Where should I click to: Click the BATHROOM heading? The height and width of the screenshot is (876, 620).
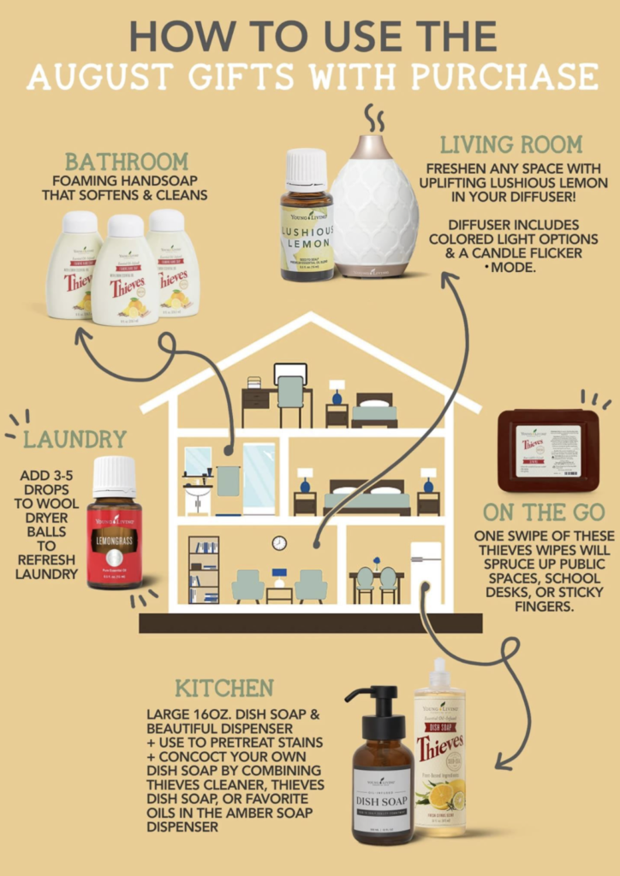(x=126, y=161)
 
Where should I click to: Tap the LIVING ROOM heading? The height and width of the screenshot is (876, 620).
(x=511, y=143)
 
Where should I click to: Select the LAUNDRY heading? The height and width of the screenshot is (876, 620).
(x=75, y=440)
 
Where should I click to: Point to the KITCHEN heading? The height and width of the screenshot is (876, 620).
(x=224, y=688)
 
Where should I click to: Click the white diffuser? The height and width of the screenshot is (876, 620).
(x=374, y=207)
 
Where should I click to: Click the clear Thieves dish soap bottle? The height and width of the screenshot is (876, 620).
(x=439, y=752)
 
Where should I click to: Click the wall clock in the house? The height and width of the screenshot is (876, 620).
(x=279, y=542)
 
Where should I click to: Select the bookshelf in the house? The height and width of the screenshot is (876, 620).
(x=204, y=570)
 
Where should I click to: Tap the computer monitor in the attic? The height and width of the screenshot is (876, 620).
(x=289, y=374)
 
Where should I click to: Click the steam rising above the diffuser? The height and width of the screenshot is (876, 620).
(x=373, y=118)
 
